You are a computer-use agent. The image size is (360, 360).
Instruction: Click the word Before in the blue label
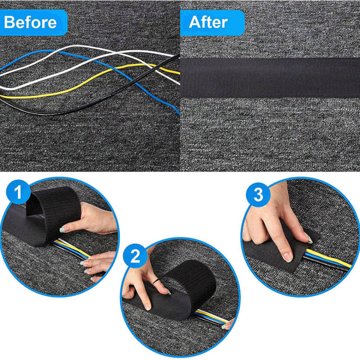[30, 22]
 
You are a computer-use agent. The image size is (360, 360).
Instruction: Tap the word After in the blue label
[208, 22]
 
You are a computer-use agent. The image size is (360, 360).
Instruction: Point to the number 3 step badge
[258, 195]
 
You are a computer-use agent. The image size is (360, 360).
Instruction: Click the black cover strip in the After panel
[270, 76]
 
